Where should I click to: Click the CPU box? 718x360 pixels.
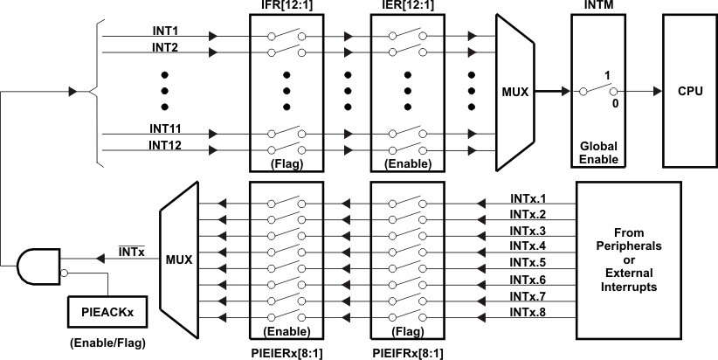[x=687, y=91]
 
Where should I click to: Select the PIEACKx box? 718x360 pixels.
[x=107, y=309]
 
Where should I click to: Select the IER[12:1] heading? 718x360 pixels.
[x=406, y=8]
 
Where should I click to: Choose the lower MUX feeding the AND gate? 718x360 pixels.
[x=179, y=260]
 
